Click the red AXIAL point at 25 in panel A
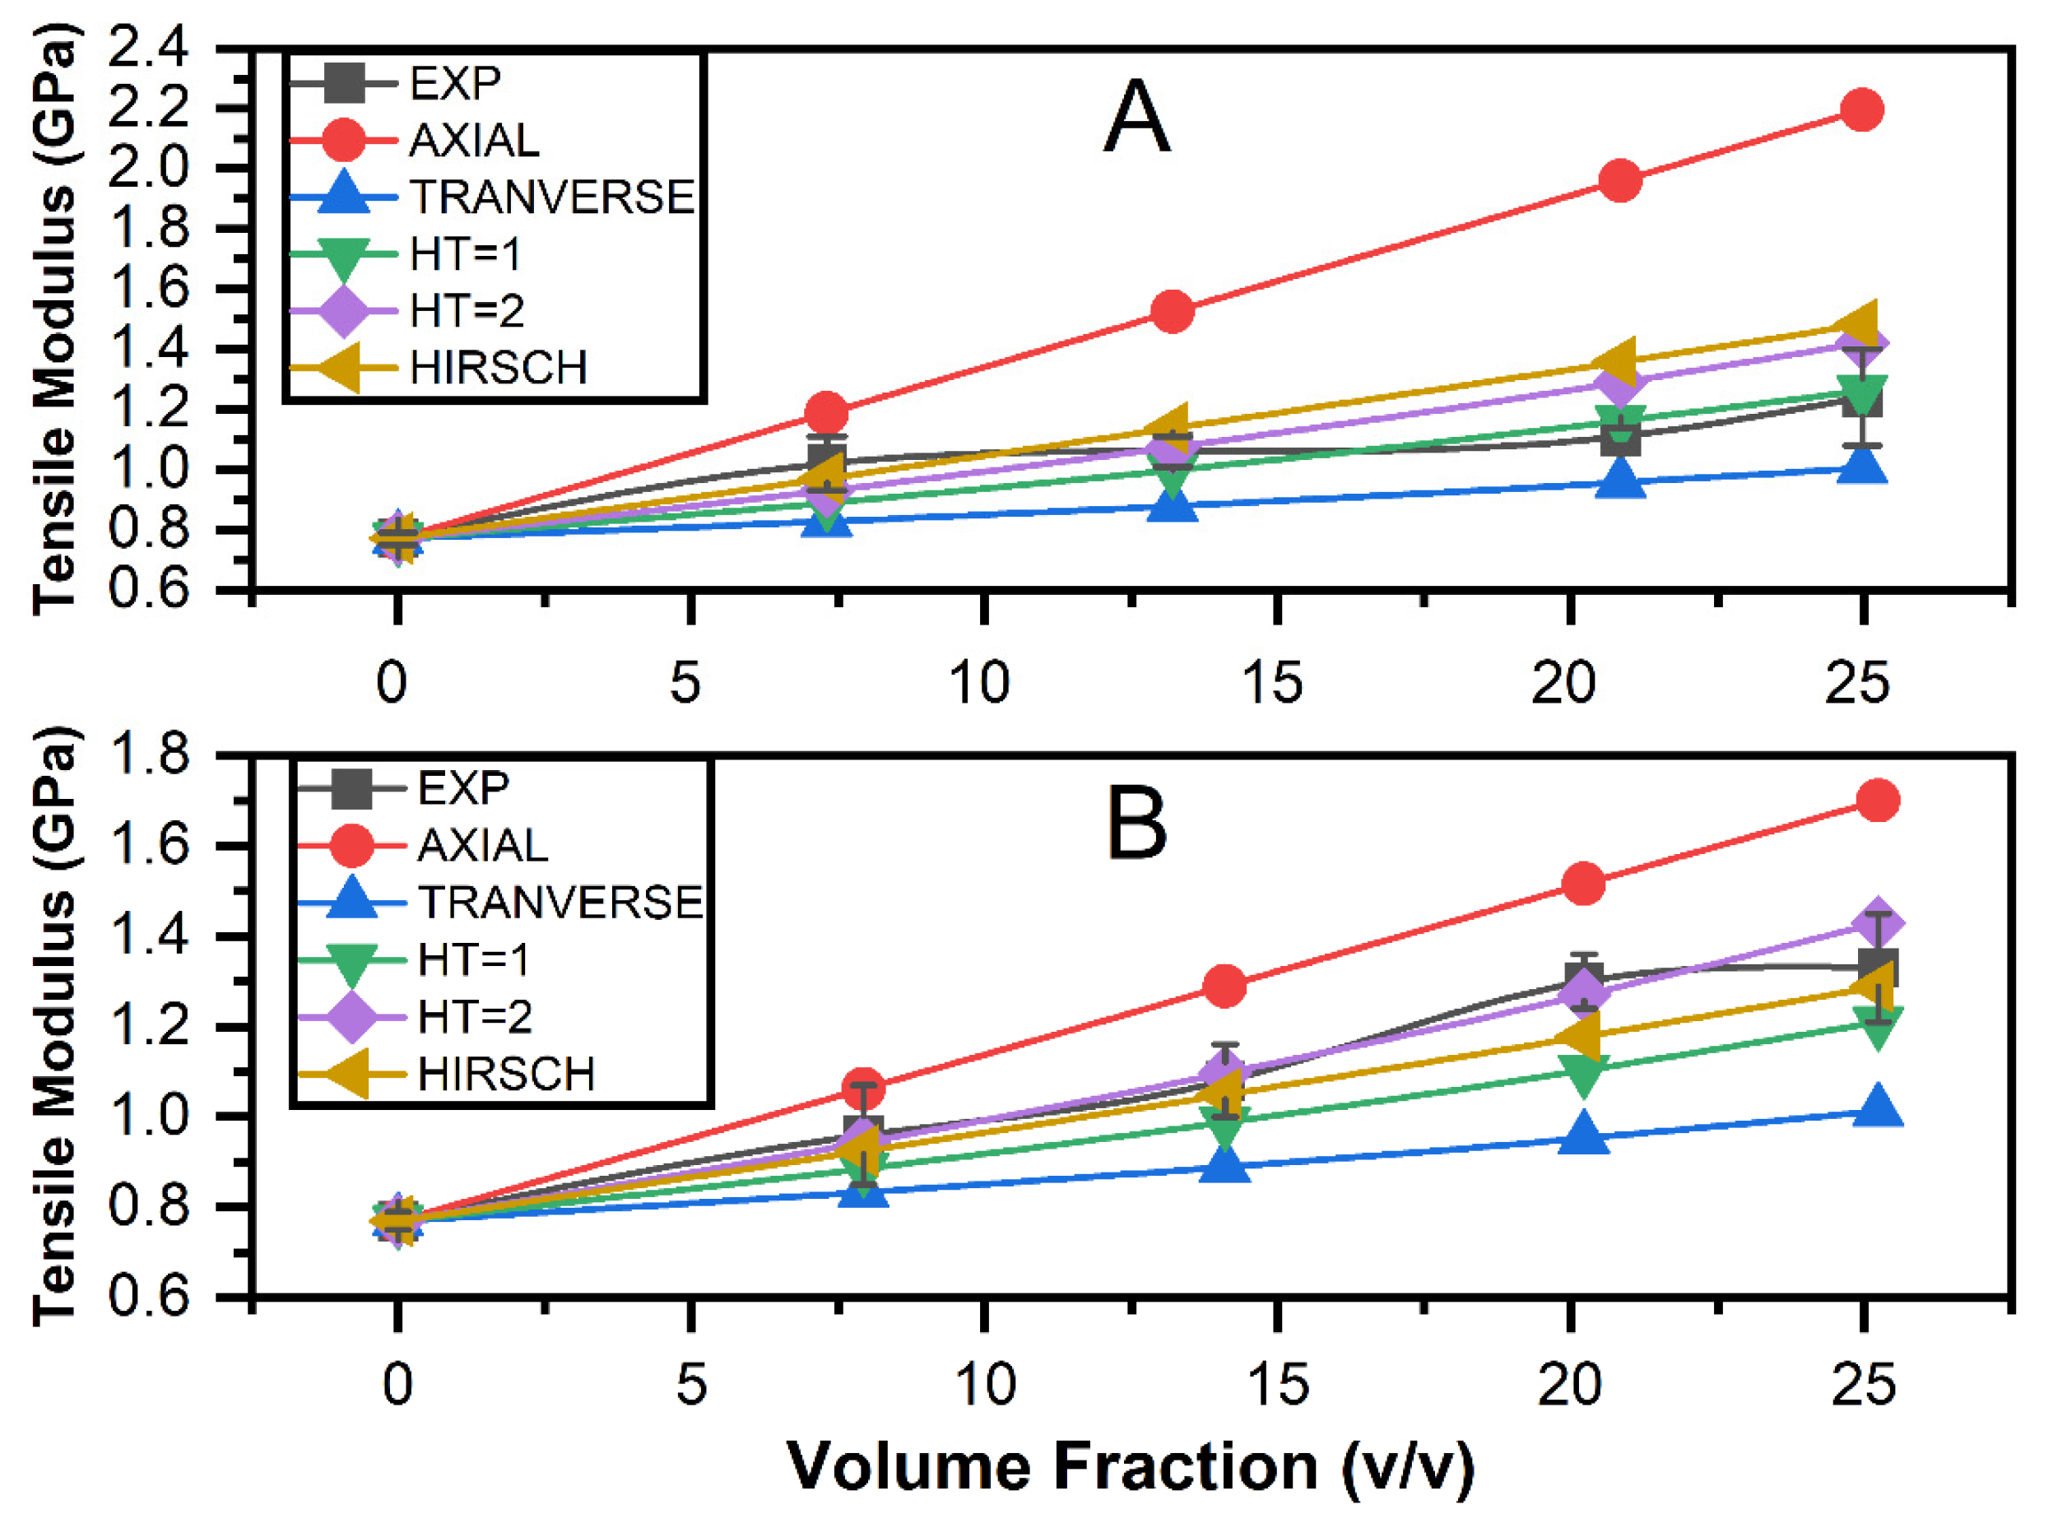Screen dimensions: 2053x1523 click(x=1861, y=109)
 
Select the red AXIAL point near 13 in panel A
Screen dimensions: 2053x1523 click(x=1173, y=312)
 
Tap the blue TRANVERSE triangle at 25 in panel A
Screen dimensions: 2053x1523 click(x=1862, y=466)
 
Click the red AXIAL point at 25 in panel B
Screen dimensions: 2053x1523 click(x=1878, y=801)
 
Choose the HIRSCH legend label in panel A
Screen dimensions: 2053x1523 click(x=499, y=368)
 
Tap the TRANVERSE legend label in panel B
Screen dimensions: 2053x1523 click(x=560, y=903)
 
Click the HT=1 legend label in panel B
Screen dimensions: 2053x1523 click(x=474, y=959)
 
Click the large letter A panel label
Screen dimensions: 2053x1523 click(x=1136, y=117)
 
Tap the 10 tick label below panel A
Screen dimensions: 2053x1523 click(x=980, y=683)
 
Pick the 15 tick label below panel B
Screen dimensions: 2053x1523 click(x=1278, y=1386)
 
